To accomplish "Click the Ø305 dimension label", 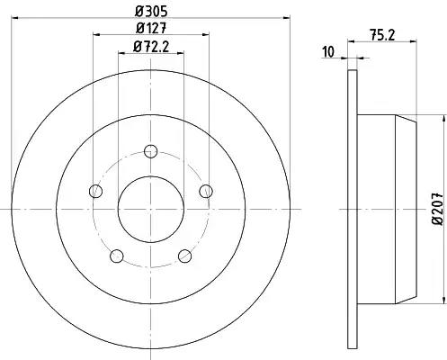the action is [151, 12].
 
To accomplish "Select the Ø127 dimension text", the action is [151, 28].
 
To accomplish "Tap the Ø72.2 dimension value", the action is [151, 47].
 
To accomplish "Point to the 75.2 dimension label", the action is [382, 35].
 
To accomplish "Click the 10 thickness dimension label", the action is [328, 52].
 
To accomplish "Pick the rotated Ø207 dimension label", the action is [438, 208].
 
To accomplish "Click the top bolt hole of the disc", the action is [150, 151].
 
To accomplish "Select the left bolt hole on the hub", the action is [96, 191].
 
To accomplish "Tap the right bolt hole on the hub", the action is [206, 191].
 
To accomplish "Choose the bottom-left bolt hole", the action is [117, 256].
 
